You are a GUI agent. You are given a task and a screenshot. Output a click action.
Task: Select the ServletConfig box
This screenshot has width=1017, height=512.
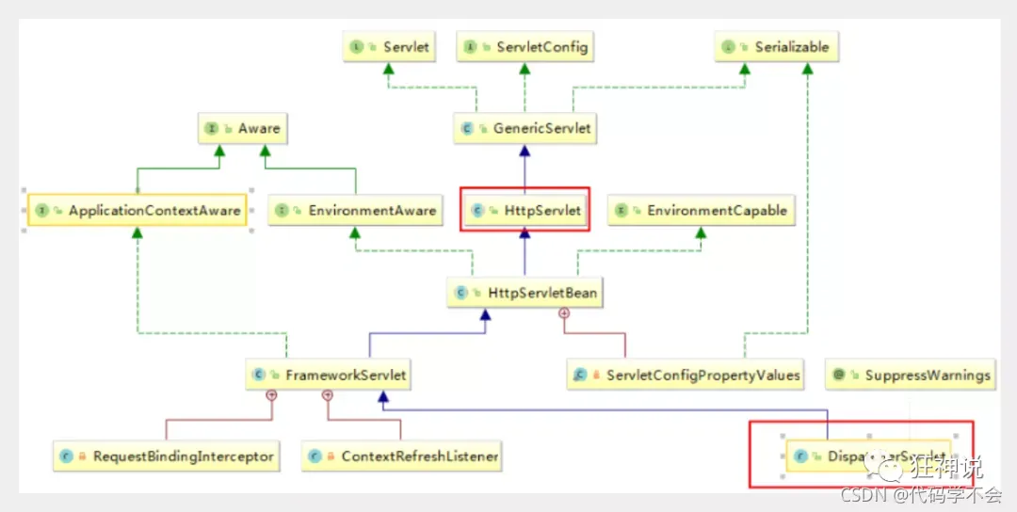pos(525,47)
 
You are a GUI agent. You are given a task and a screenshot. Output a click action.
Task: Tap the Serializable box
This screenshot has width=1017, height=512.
pos(776,47)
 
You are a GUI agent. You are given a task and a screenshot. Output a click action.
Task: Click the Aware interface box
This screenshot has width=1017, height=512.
pos(241,129)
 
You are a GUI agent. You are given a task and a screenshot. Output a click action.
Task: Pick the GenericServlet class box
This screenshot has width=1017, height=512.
pos(525,129)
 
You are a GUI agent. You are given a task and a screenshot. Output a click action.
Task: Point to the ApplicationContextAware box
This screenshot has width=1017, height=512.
pos(137,211)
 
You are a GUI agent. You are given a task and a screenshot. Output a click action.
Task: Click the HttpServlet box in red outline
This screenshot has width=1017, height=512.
pos(525,211)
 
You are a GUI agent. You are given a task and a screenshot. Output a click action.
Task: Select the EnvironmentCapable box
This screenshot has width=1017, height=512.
pos(700,211)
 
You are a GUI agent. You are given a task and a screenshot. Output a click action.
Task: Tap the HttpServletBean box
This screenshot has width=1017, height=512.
pos(525,294)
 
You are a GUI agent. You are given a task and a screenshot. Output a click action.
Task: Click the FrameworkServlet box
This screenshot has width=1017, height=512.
pos(331,375)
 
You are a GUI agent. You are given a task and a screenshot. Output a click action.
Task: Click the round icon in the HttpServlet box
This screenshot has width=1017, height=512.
pos(477,212)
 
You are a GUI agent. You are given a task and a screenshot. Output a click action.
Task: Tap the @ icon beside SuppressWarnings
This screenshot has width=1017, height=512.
pos(839,376)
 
